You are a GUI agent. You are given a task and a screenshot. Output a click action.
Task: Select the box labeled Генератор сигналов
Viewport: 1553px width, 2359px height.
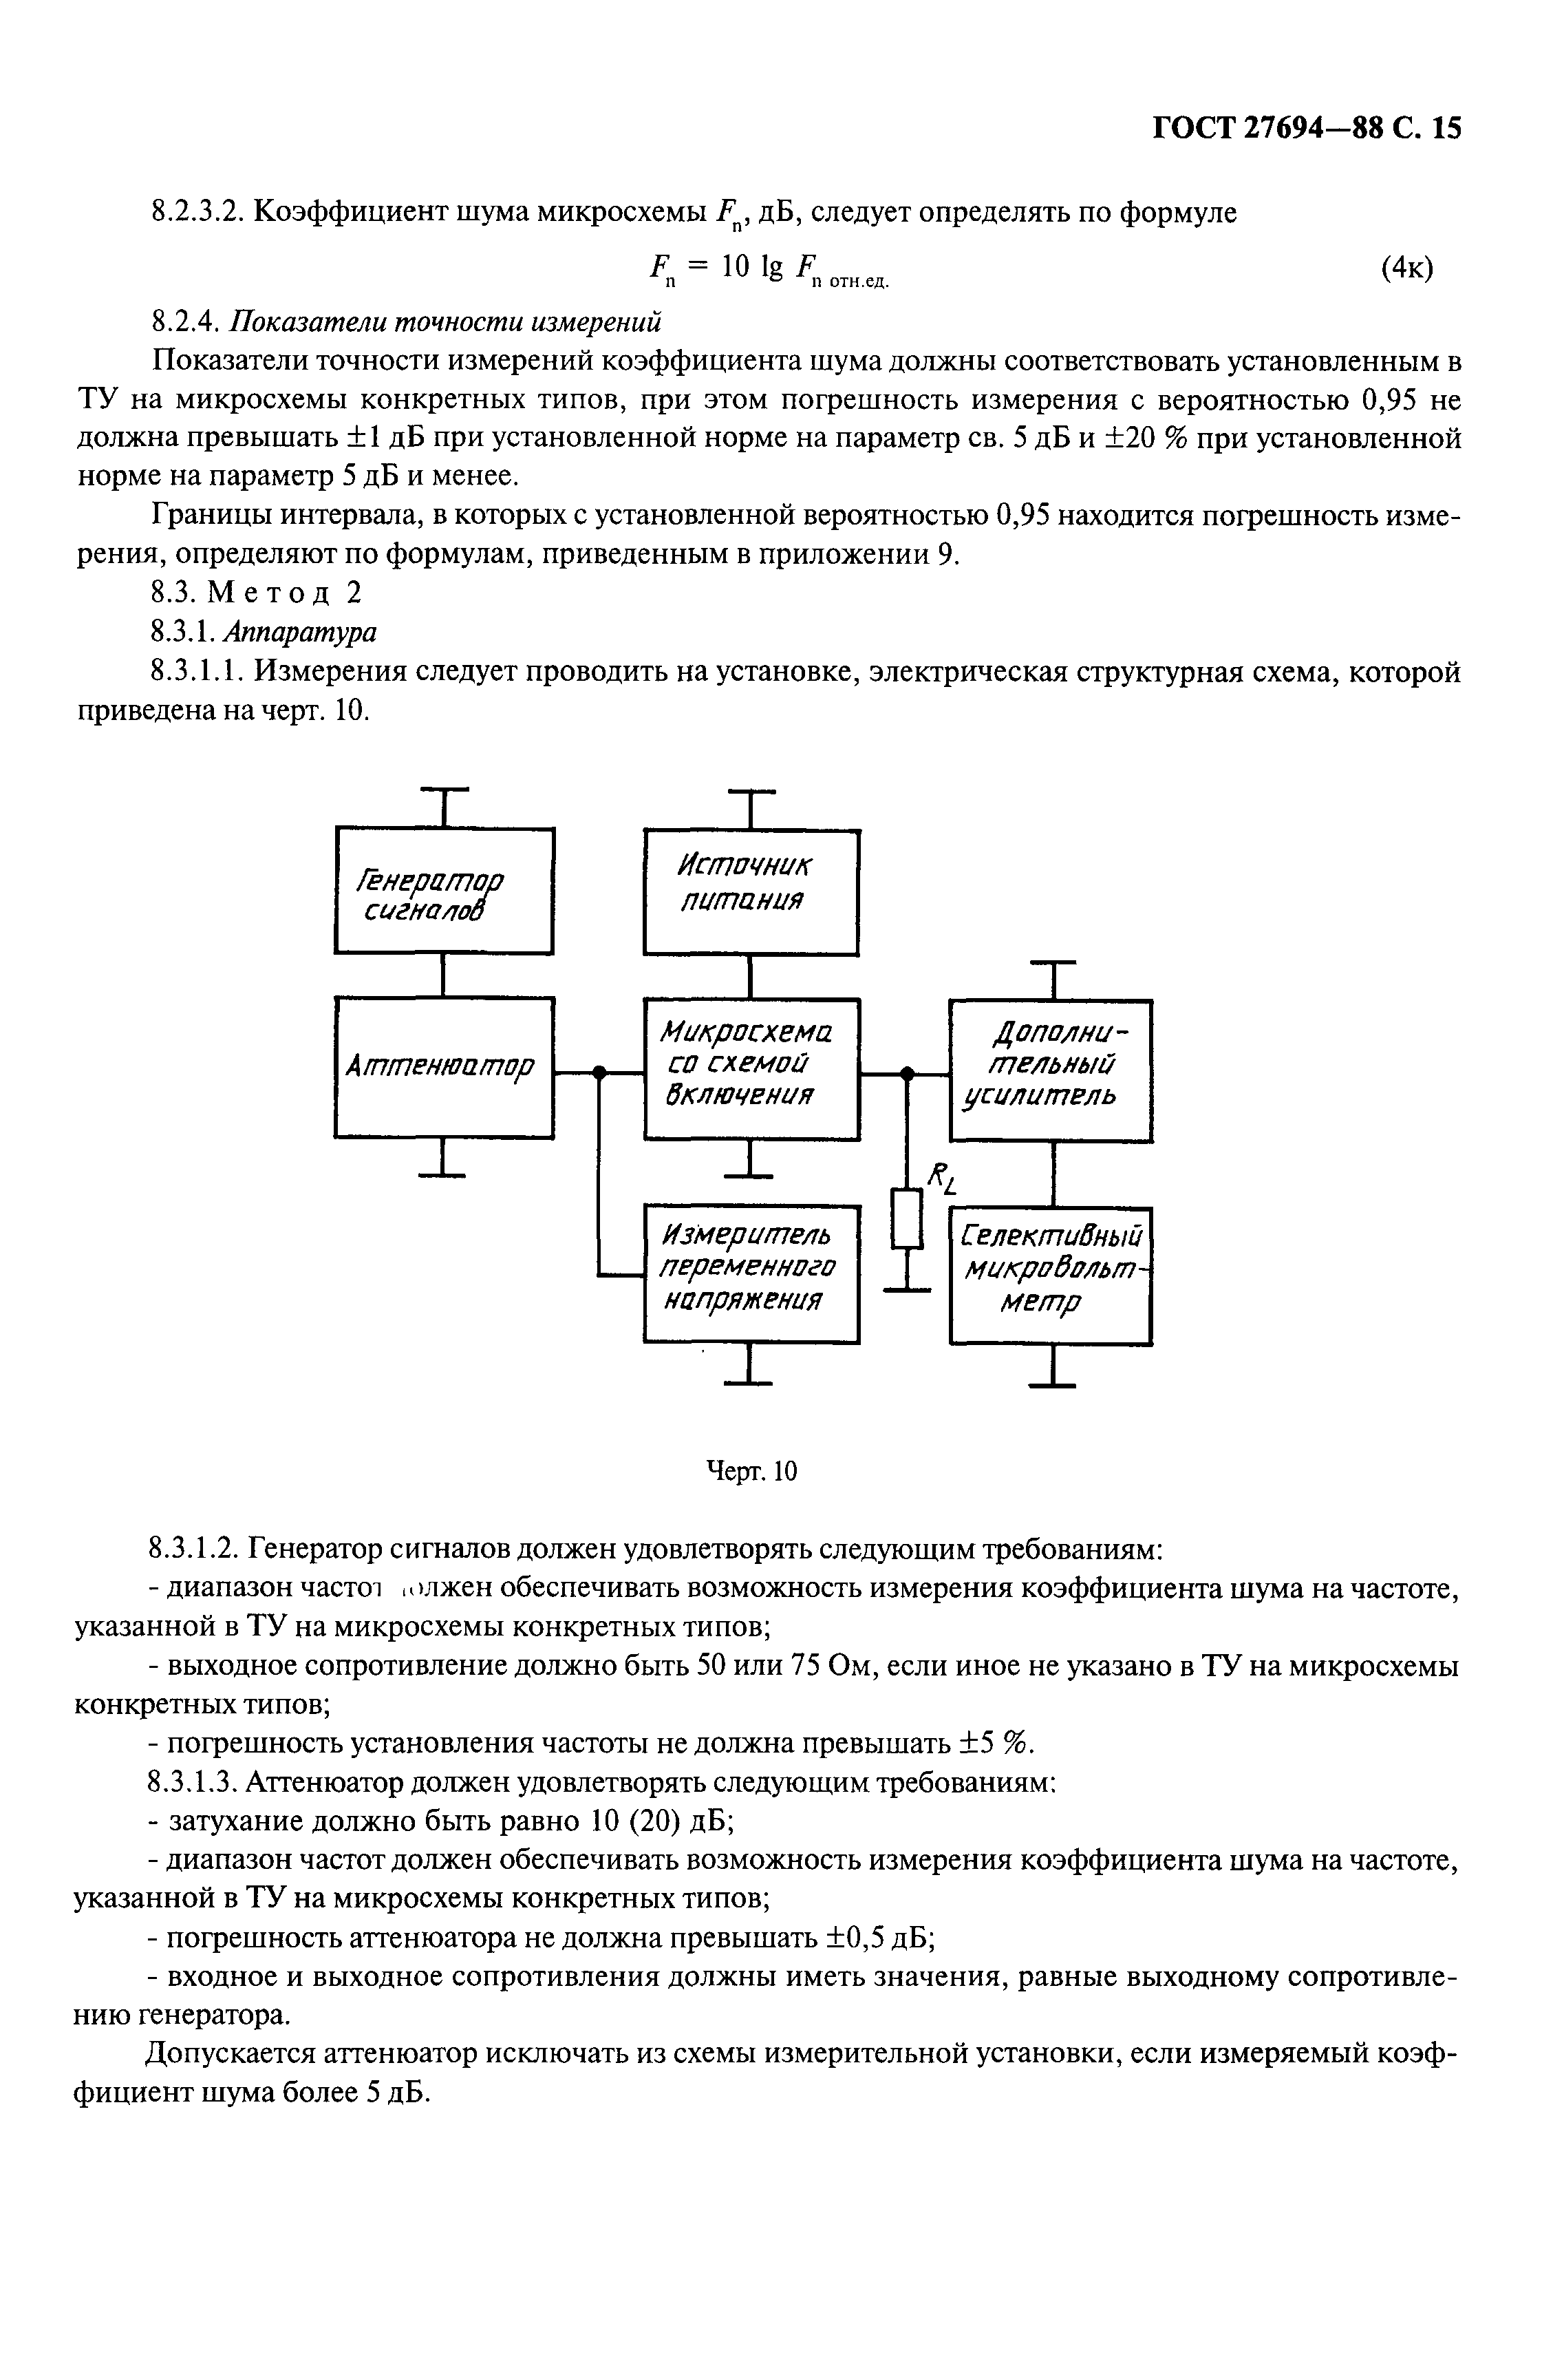click(443, 890)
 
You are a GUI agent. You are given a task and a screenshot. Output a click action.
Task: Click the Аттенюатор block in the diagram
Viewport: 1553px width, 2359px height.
click(443, 1068)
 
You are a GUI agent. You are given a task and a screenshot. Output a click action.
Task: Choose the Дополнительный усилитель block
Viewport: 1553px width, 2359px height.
click(1051, 1070)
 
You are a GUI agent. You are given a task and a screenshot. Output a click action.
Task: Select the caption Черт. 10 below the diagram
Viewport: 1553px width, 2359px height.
click(750, 1472)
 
